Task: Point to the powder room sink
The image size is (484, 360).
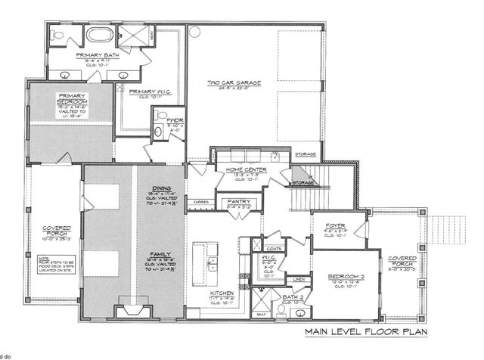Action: point(159,131)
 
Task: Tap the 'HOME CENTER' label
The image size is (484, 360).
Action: point(238,170)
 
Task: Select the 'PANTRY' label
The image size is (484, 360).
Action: point(233,201)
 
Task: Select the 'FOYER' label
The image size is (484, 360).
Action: point(336,225)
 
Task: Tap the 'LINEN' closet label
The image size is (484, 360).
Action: point(298,279)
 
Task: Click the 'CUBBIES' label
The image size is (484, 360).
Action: point(200,202)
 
